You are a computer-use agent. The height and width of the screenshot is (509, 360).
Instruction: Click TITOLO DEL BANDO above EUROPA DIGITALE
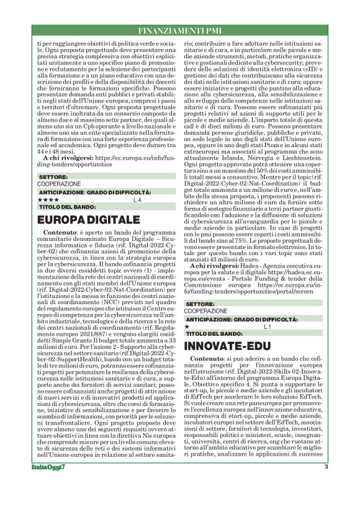click(x=61, y=207)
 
